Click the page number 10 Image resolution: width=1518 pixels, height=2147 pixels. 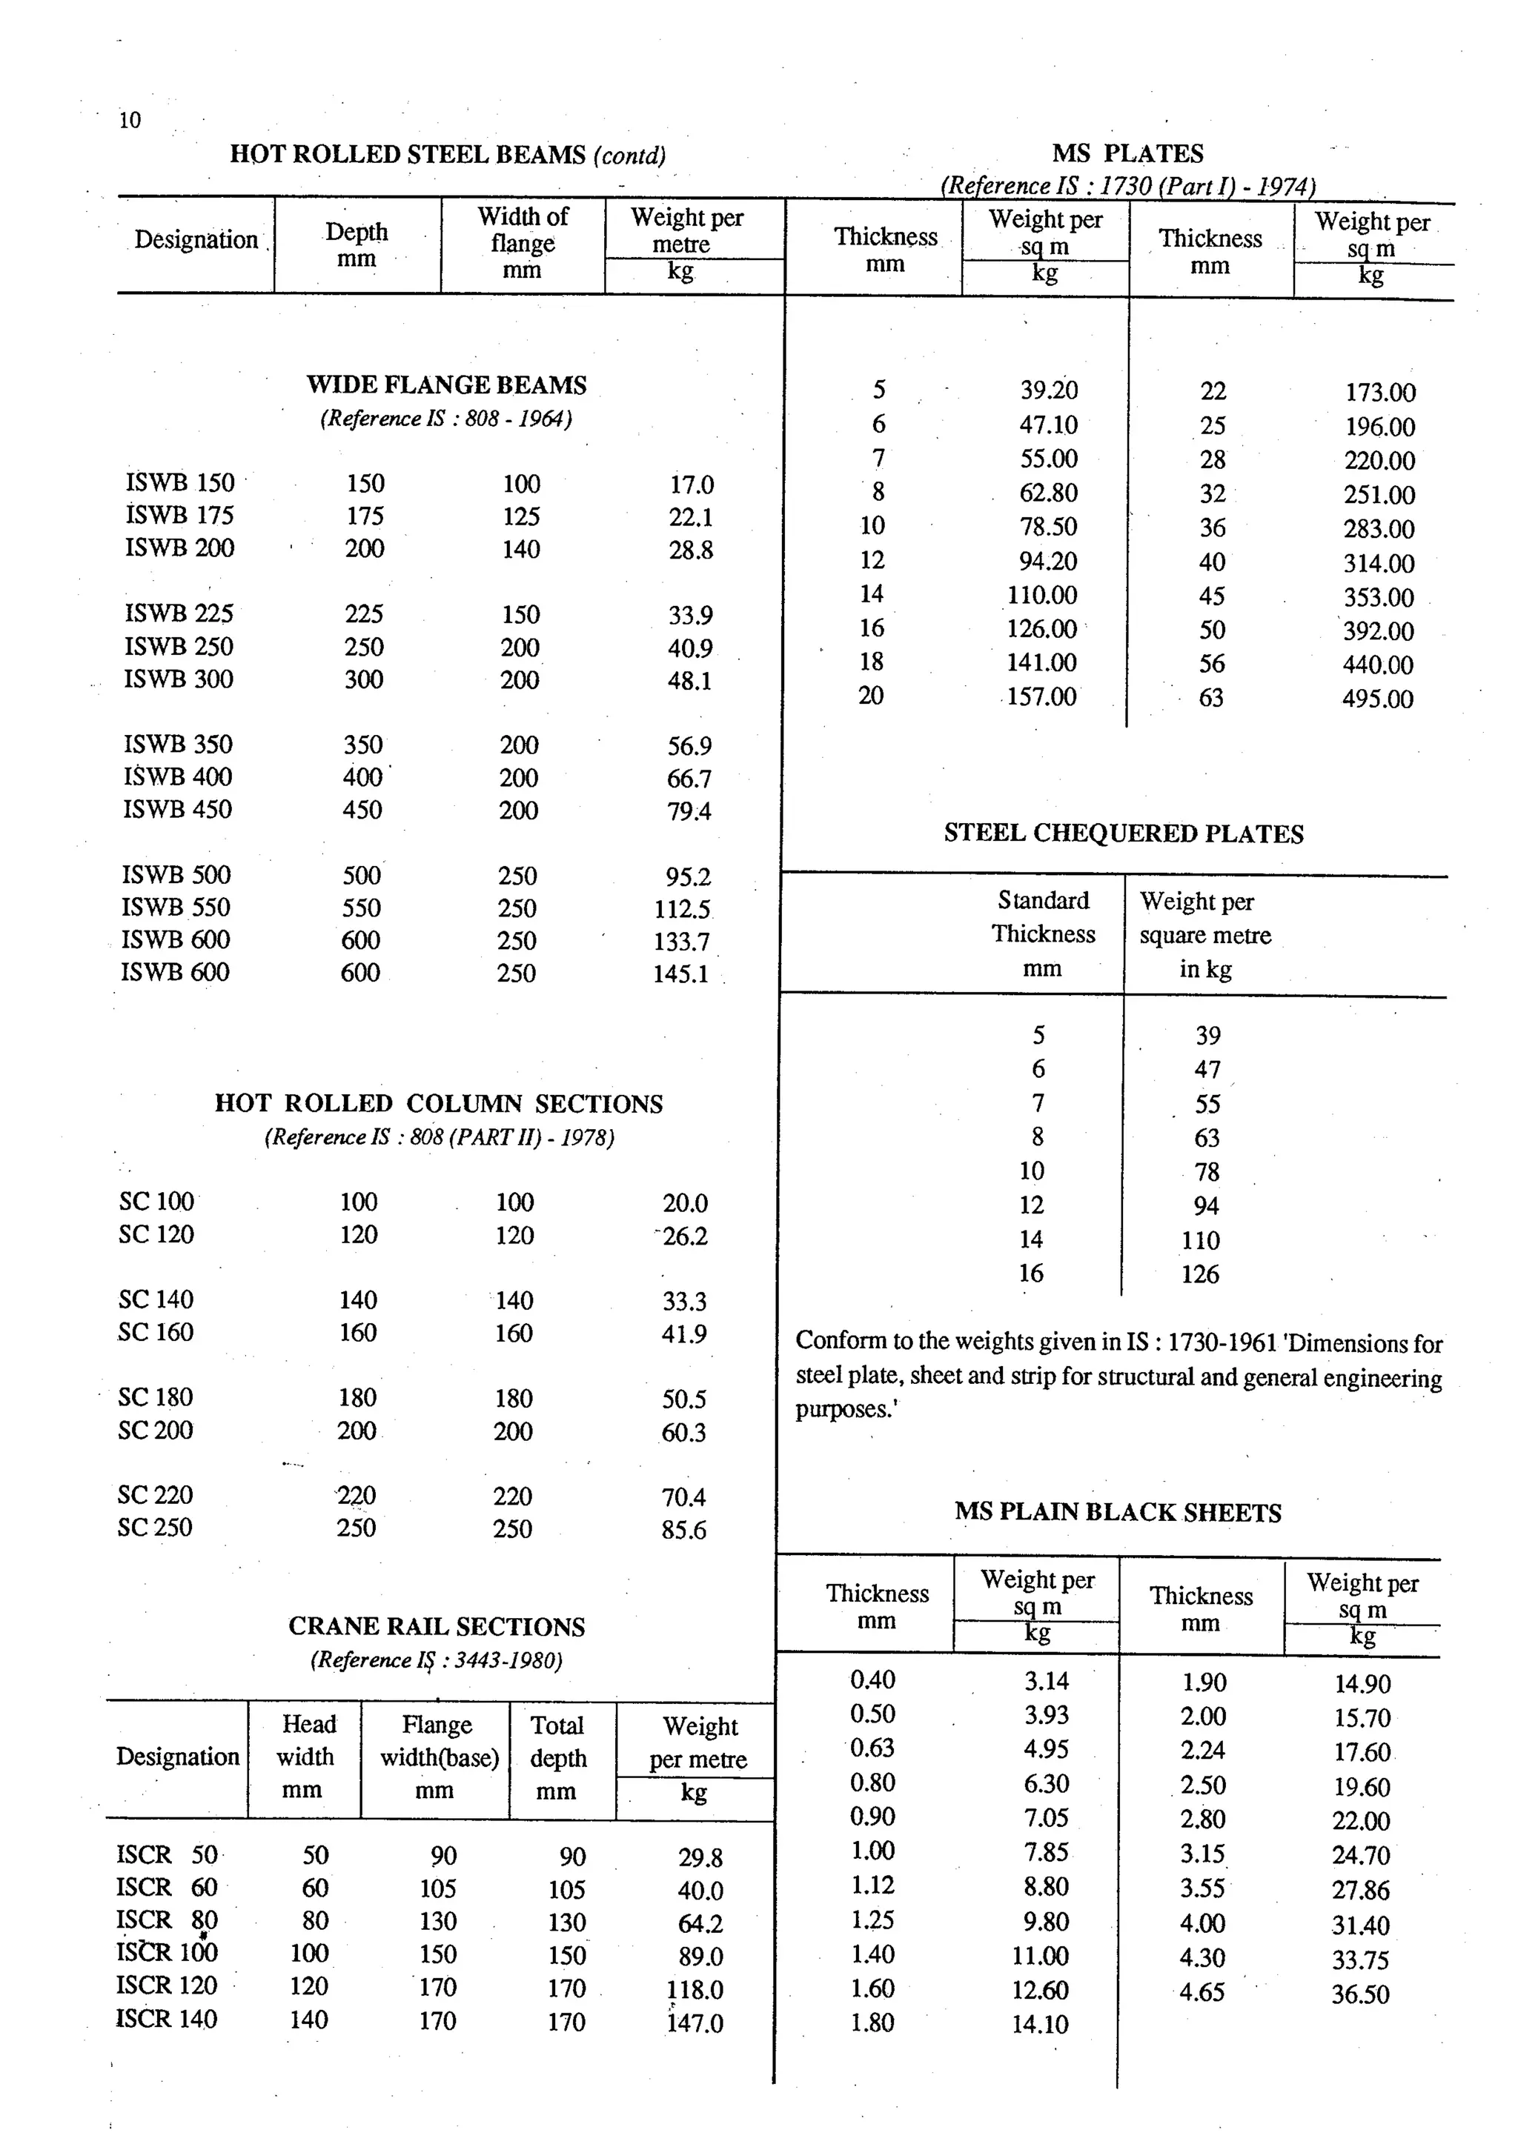130,120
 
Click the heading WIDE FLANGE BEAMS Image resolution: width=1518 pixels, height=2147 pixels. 446,385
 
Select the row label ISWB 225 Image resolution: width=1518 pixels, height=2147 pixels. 179,613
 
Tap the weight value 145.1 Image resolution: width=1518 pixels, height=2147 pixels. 681,973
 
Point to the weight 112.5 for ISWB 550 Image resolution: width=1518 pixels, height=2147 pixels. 682,909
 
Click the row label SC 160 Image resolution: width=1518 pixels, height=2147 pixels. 155,1331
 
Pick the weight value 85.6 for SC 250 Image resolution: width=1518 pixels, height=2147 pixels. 683,1530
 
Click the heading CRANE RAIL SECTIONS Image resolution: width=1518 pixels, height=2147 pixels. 436,1626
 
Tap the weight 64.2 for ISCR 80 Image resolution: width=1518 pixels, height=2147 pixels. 700,1923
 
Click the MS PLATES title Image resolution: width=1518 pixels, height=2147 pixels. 1127,153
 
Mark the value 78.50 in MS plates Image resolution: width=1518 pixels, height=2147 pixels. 1047,527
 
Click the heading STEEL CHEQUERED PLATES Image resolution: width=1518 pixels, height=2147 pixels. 1122,833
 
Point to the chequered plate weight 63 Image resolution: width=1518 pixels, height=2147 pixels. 1207,1138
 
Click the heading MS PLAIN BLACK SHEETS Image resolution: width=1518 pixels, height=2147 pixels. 1118,1512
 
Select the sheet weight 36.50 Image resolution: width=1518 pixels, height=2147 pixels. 1360,1994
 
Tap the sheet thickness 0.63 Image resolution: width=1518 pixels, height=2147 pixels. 872,1748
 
